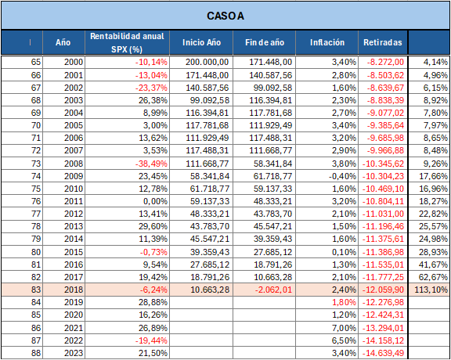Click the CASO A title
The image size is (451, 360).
point(225,16)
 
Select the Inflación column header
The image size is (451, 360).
point(327,42)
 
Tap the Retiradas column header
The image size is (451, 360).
point(383,42)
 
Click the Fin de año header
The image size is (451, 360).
point(265,42)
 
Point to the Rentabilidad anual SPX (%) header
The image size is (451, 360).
point(127,42)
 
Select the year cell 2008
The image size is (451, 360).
point(73,164)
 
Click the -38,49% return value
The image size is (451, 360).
point(152,164)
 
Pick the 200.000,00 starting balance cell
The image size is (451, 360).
point(207,62)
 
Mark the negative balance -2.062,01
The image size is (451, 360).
point(273,290)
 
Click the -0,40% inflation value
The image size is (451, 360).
point(342,176)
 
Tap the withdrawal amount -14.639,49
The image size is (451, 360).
point(383,353)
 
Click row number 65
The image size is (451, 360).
point(36,62)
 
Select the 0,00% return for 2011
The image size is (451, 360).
point(155,201)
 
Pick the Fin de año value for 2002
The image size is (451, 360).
point(272,88)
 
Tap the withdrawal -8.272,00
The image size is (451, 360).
point(385,62)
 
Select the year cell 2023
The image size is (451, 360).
point(73,353)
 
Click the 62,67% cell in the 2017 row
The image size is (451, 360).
point(433,277)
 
